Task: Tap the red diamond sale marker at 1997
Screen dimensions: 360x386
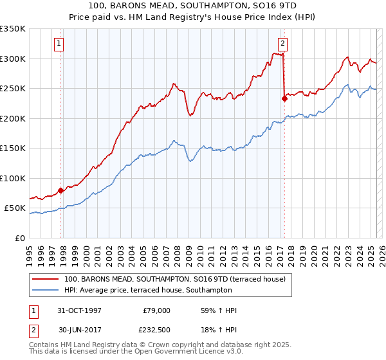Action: click(61, 190)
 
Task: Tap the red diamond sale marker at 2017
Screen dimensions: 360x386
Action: click(284, 98)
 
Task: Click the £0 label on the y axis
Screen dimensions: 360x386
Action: click(20, 238)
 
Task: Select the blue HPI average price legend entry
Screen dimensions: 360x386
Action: click(161, 290)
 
